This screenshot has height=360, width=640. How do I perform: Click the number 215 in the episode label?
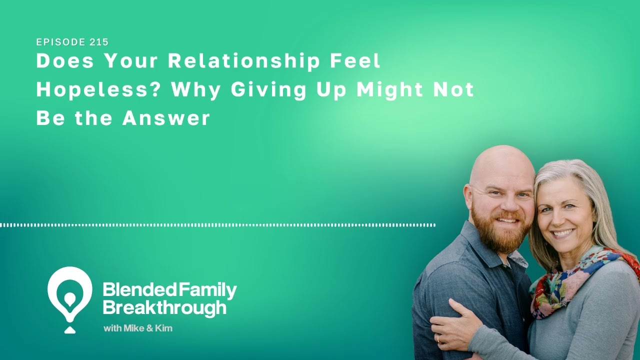tap(99, 42)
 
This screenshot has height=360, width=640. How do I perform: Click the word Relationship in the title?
tap(243, 61)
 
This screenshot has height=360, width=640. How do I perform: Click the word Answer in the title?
tap(166, 118)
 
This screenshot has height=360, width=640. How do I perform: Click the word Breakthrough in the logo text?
tap(164, 307)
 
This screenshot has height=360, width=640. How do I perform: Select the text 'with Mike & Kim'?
tap(138, 328)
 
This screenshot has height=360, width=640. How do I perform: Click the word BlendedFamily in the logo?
tap(169, 290)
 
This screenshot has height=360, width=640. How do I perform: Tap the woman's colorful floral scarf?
tap(575, 280)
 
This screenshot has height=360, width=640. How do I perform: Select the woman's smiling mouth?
tap(564, 232)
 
